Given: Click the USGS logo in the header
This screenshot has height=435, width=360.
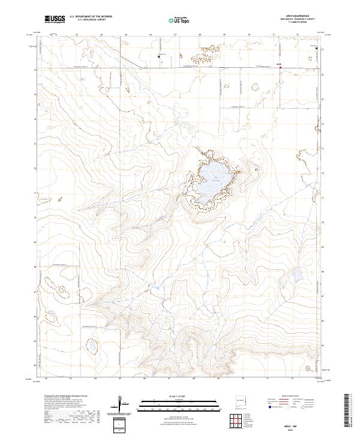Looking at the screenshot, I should coord(55,19).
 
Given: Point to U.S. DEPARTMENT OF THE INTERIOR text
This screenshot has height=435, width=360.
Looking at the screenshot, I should coord(91,17).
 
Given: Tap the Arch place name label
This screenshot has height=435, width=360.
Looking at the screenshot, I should coord(278,64).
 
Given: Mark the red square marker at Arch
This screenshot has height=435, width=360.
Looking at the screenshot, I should coord(280,67).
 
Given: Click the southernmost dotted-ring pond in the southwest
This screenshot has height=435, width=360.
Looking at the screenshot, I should coord(92,346).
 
